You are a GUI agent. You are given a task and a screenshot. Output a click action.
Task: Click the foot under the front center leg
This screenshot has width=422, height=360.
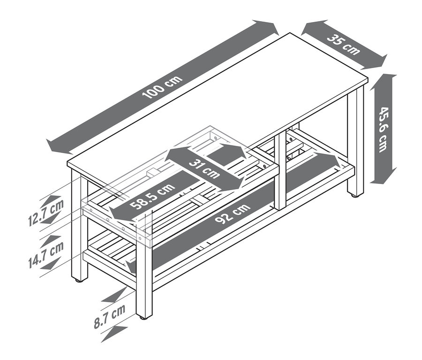143,317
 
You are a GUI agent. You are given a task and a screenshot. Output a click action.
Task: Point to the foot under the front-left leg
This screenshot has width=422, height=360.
78,280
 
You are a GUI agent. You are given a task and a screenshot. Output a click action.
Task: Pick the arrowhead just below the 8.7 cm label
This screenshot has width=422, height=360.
114,333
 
